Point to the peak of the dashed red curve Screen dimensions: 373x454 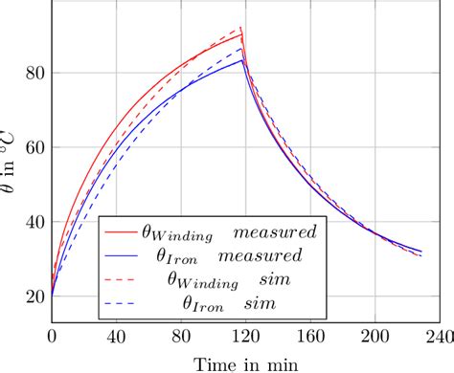241,28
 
